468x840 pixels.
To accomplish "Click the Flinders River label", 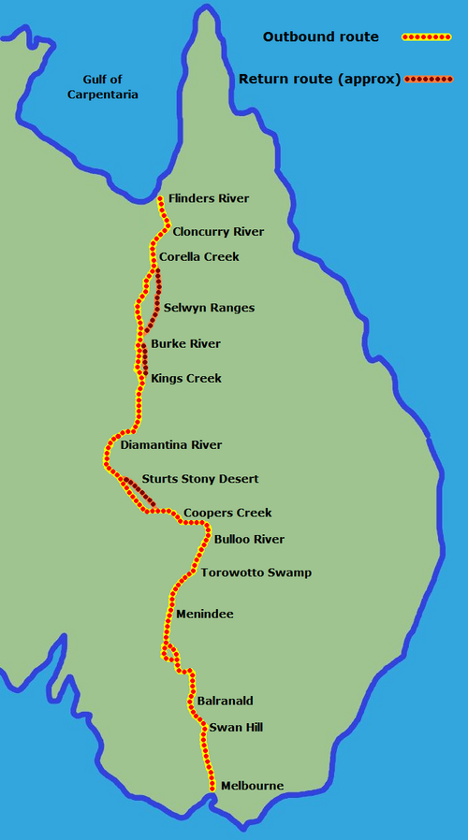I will [x=209, y=199].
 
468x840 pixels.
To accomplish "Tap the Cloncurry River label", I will [x=218, y=232].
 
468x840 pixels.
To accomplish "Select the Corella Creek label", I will [x=199, y=256].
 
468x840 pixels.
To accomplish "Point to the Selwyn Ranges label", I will [x=209, y=308].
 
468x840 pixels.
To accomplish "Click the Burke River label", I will [x=185, y=344].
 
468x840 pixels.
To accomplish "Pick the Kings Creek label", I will [x=186, y=379].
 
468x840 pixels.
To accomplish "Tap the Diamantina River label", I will [x=171, y=445].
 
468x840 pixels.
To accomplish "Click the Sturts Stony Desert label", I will [x=199, y=479].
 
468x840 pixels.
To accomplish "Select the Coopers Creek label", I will [x=227, y=513].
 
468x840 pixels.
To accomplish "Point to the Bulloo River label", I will [x=249, y=540].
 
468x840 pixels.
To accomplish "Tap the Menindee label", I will [x=204, y=615].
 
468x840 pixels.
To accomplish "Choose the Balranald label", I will [x=226, y=701].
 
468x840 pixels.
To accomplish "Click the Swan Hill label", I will [x=230, y=727].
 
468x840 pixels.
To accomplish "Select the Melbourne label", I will [x=251, y=786].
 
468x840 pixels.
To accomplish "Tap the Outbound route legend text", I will [x=320, y=37].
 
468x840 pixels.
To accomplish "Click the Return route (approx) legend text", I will [x=319, y=79].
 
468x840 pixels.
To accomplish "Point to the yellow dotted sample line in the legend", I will [x=427, y=37].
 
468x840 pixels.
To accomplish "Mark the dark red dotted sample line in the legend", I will [x=428, y=80].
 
